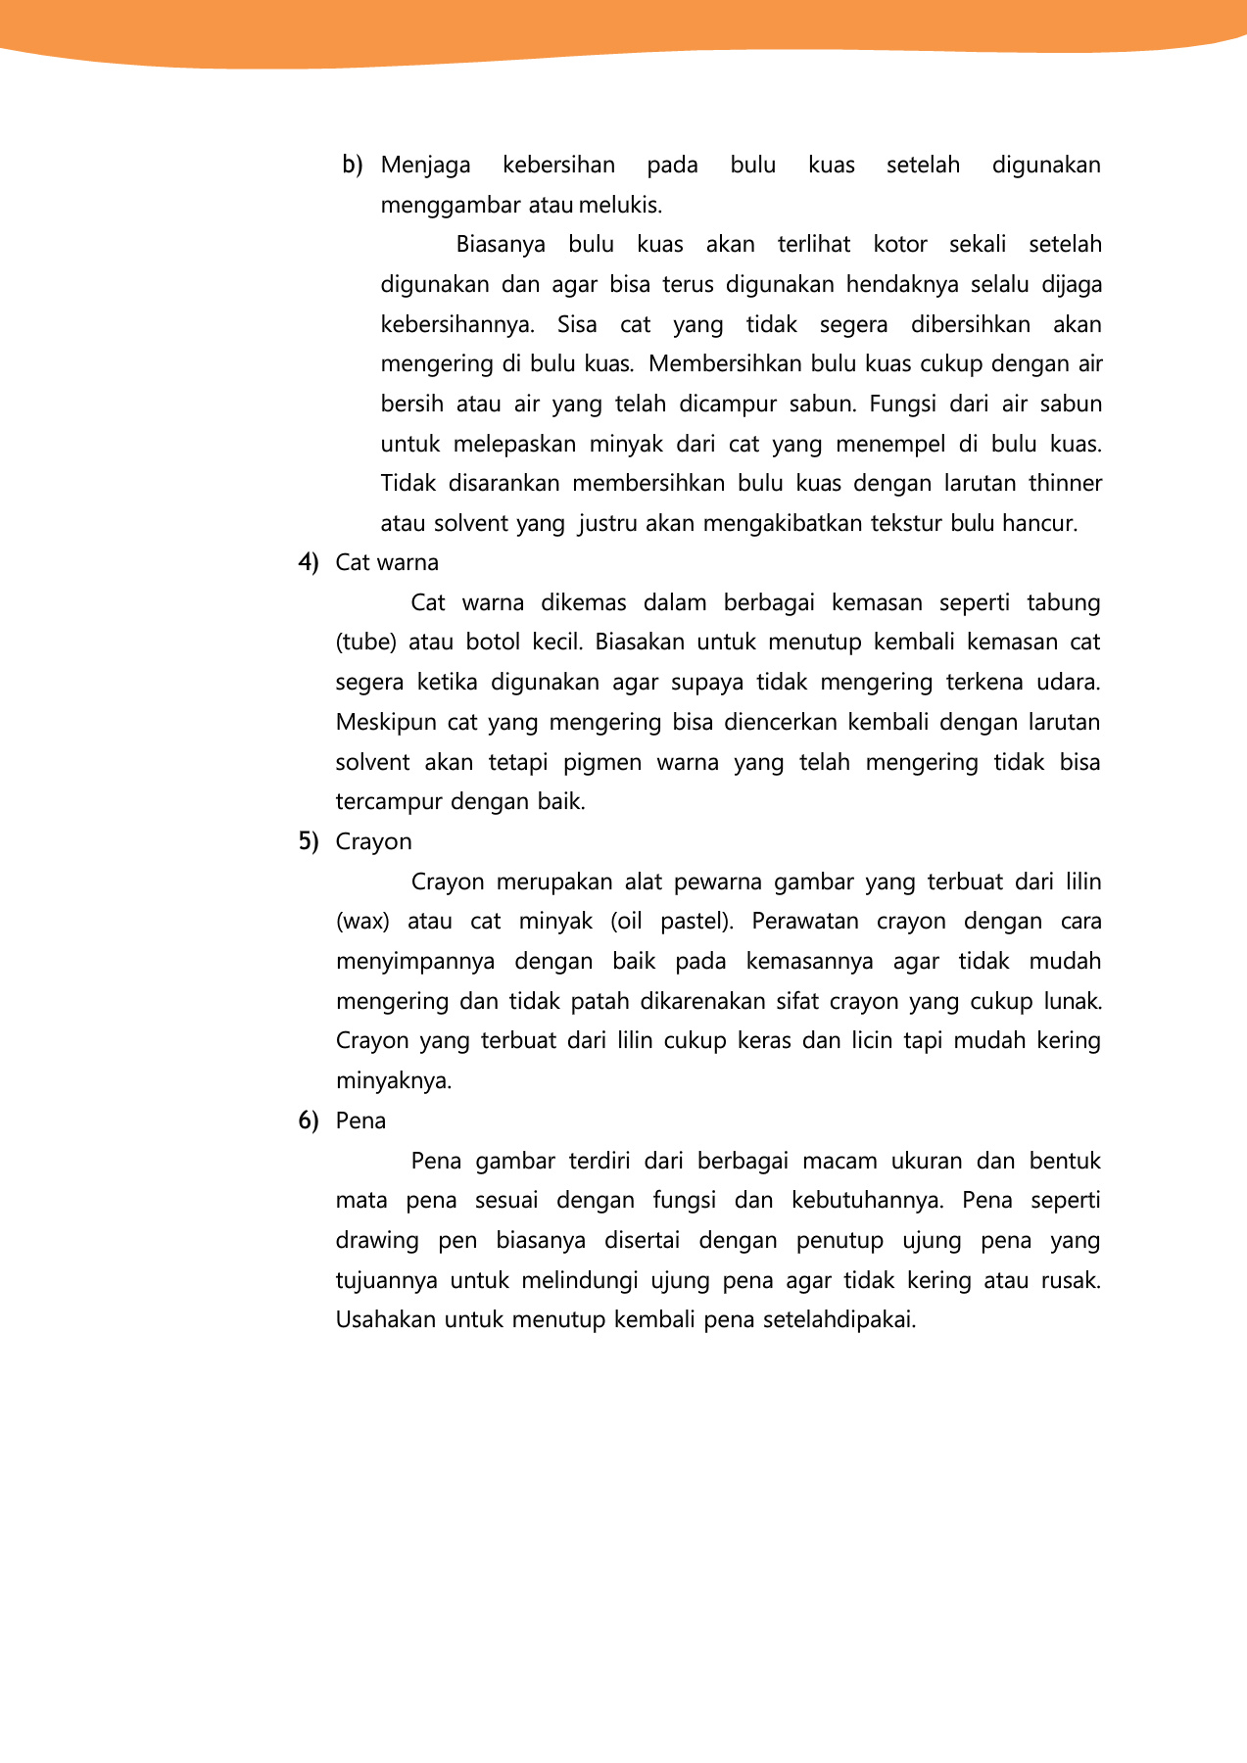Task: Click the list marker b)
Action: (x=352, y=166)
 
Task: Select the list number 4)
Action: (x=309, y=563)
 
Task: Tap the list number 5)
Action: (x=309, y=842)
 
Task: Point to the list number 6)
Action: (x=309, y=1121)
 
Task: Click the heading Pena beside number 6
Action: (x=360, y=1121)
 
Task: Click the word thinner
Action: (x=1065, y=484)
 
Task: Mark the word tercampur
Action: (x=387, y=802)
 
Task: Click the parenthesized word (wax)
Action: (x=362, y=922)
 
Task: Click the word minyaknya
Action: (x=393, y=1081)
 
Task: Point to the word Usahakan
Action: (x=385, y=1320)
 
